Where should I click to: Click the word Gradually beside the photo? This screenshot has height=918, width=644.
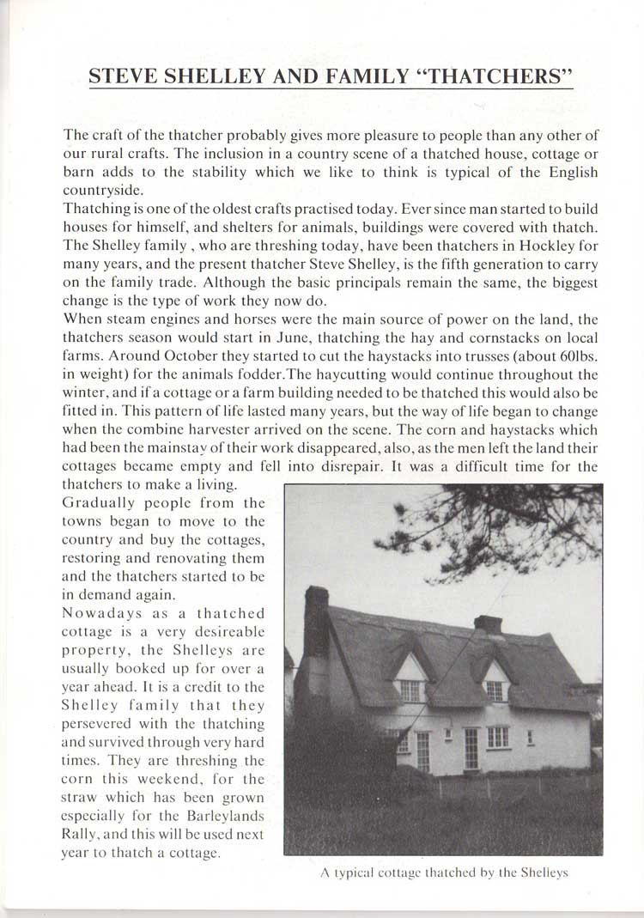pyautogui.click(x=96, y=503)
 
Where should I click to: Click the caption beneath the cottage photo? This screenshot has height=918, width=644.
pyautogui.click(x=443, y=873)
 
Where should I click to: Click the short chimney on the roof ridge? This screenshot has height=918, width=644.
pyautogui.click(x=487, y=624)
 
